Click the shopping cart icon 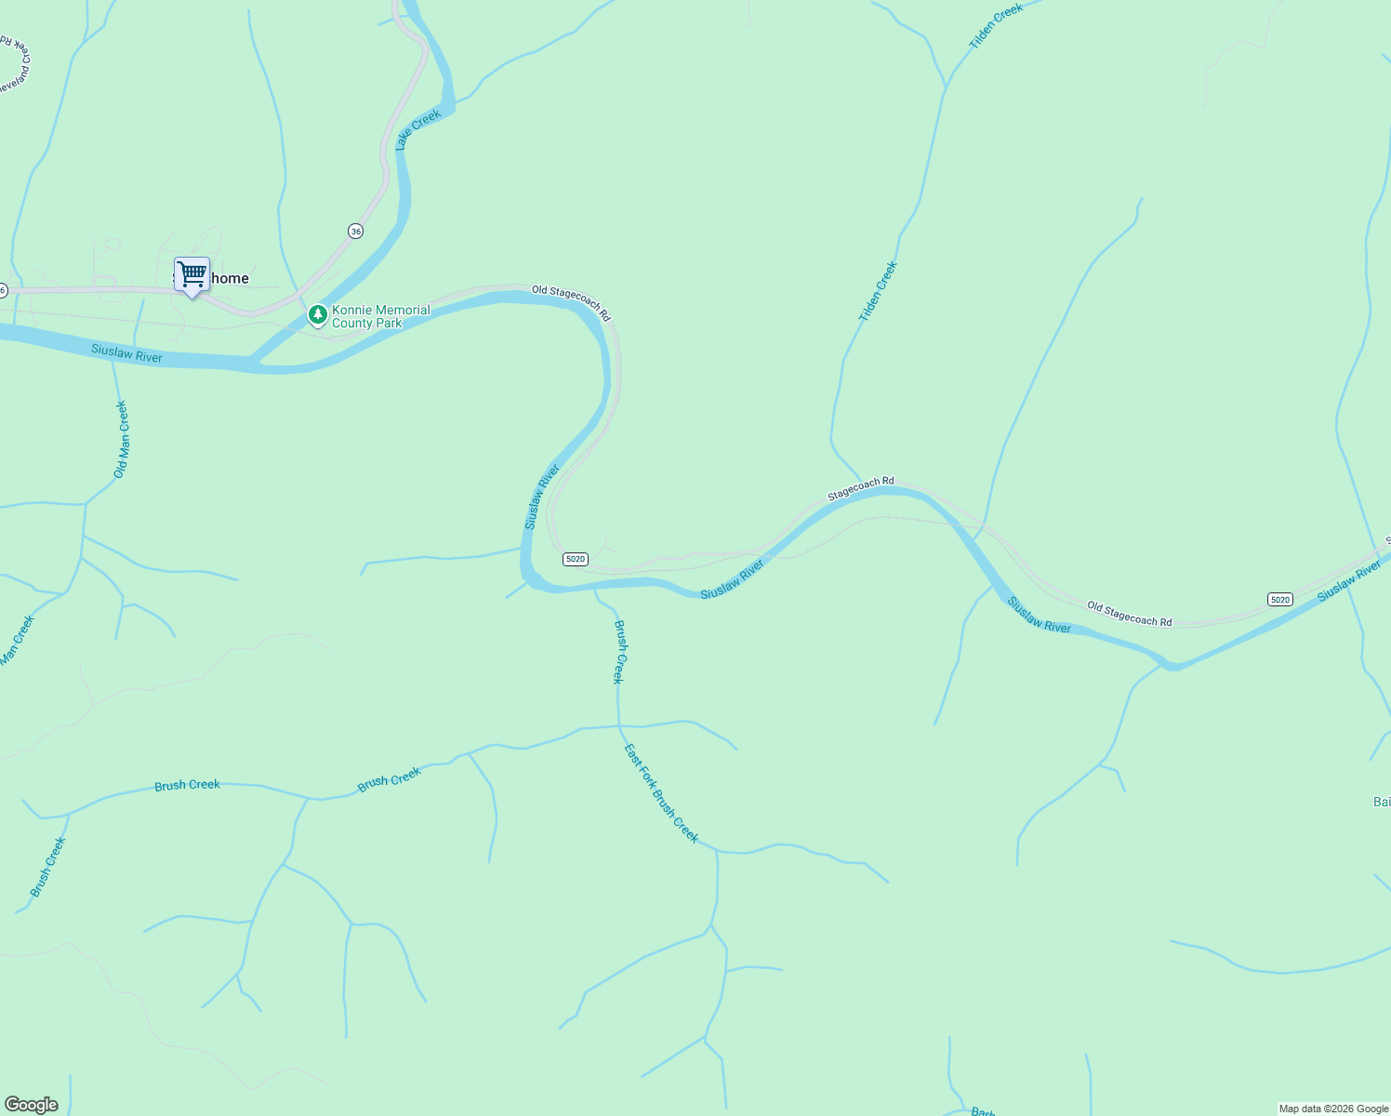(192, 275)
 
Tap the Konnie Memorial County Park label (381, 316)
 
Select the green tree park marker (317, 316)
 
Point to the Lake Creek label (417, 129)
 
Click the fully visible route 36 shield (355, 231)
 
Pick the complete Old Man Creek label (121, 439)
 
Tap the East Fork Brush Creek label (660, 792)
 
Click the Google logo (32, 1105)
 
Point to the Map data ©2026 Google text (1332, 1109)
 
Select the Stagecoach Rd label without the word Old (860, 488)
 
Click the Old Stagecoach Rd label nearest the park (571, 302)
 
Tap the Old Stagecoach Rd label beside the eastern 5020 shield (1129, 614)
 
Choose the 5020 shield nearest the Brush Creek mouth (576, 559)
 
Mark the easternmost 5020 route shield (1280, 599)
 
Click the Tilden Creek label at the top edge (996, 26)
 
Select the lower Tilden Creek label (878, 291)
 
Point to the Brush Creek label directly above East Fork (618, 651)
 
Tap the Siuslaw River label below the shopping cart (126, 352)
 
